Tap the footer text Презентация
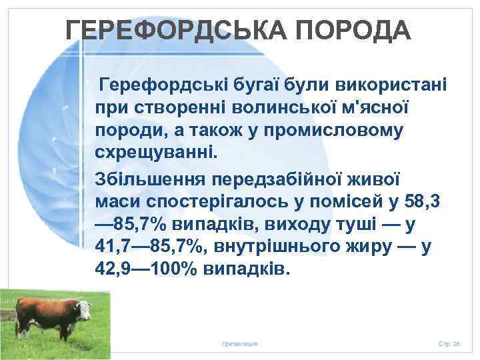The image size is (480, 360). pyautogui.click(x=240, y=343)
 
